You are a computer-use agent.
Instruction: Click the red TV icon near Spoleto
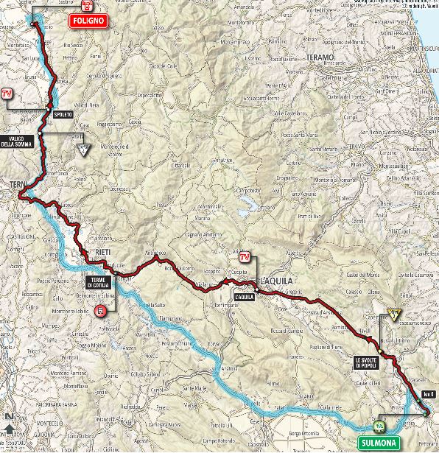[x=8, y=94]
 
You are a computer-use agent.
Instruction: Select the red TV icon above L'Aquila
[x=244, y=257]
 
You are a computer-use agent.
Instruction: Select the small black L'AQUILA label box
[x=244, y=297]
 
